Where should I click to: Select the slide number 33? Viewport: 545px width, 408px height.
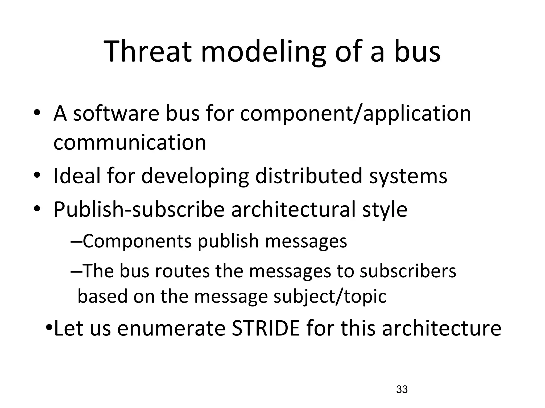[402, 389]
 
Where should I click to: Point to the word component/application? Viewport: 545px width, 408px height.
[356, 114]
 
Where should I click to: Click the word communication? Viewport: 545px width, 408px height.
[130, 142]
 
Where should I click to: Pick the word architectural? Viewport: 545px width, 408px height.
[294, 210]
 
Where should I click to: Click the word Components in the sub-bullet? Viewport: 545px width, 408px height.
[137, 241]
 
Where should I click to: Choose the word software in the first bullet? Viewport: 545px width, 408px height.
[116, 114]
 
